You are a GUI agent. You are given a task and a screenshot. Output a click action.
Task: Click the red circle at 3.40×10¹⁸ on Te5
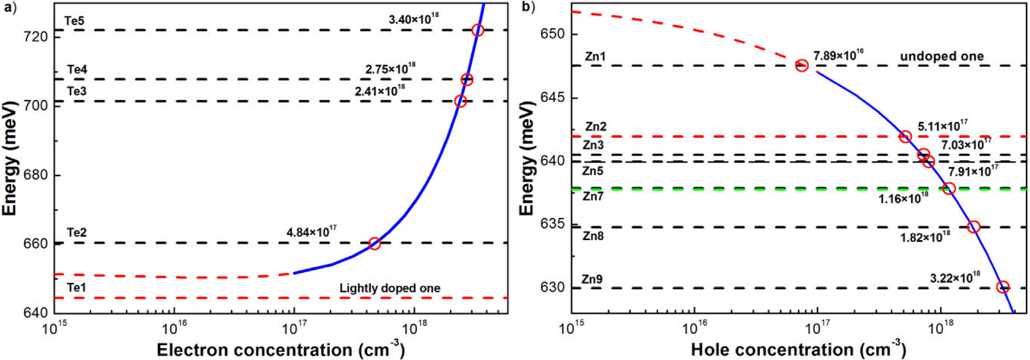pyautogui.click(x=477, y=30)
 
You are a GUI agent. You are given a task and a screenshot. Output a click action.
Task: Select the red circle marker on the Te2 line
pyautogui.click(x=375, y=243)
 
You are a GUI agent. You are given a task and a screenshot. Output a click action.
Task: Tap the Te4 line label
pyautogui.click(x=77, y=69)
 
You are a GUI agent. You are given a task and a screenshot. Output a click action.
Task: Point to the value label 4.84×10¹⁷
pyautogui.click(x=311, y=232)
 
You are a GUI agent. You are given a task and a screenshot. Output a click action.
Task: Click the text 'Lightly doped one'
pyautogui.click(x=389, y=288)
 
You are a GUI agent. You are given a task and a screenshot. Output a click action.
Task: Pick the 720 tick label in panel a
pyautogui.click(x=38, y=37)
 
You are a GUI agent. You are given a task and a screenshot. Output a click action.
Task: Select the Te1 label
pyautogui.click(x=77, y=287)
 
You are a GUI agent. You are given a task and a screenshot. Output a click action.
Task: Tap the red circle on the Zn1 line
pyautogui.click(x=802, y=65)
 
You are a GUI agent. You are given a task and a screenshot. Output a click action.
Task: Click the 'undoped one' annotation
pyautogui.click(x=942, y=56)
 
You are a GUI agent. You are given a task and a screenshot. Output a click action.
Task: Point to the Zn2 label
pyautogui.click(x=596, y=127)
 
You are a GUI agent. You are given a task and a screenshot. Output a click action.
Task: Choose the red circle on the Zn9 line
pyautogui.click(x=1002, y=287)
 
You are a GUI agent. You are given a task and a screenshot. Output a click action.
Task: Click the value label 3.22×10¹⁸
pyautogui.click(x=955, y=278)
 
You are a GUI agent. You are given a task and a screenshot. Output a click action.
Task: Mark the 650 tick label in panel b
pyautogui.click(x=554, y=34)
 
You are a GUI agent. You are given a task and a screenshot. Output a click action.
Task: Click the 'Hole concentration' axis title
pyautogui.click(x=798, y=350)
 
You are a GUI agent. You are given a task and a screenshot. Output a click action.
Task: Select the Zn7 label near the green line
pyautogui.click(x=593, y=196)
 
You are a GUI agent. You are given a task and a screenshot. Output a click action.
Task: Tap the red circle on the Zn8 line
pyautogui.click(x=973, y=227)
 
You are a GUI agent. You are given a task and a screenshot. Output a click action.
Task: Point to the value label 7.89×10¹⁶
pyautogui.click(x=838, y=55)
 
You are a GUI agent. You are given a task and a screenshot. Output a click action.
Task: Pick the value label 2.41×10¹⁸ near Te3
pyautogui.click(x=380, y=91)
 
